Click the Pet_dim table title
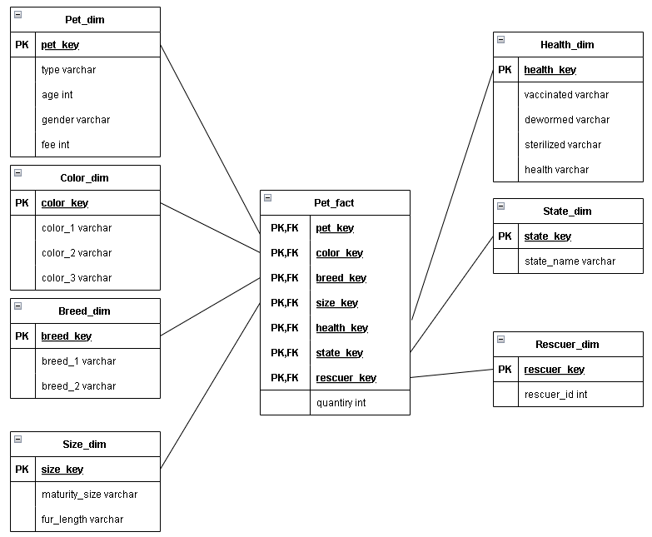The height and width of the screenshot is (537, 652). [85, 19]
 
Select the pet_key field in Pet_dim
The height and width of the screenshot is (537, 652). [60, 44]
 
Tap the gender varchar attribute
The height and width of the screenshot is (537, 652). [76, 120]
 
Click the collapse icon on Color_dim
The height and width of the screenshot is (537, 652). [18, 173]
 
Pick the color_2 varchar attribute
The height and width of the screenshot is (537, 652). [77, 253]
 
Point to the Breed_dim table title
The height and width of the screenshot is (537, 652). [85, 311]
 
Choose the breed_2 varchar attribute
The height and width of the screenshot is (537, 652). [79, 386]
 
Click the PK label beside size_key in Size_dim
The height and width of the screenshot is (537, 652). [22, 469]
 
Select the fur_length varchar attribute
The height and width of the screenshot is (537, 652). [82, 520]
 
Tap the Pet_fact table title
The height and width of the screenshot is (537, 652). [334, 202]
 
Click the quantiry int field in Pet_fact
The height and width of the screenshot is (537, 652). [341, 403]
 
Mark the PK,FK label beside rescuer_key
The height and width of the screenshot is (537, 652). [285, 378]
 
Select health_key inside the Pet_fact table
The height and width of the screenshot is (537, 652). [341, 328]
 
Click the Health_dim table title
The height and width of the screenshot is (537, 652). [567, 44]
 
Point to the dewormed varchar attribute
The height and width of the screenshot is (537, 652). [567, 120]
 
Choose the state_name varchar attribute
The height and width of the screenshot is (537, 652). [570, 261]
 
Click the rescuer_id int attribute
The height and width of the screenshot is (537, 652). [555, 395]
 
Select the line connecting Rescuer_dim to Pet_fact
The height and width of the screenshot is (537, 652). [451, 373]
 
